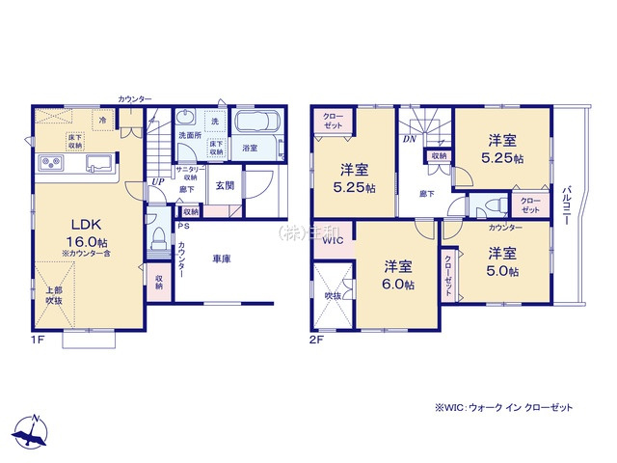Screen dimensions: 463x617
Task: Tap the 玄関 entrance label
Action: coord(225,185)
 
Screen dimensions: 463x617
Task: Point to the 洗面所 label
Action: coord(190,135)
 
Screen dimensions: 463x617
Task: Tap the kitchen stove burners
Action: coord(49,161)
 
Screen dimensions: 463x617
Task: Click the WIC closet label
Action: coord(333,241)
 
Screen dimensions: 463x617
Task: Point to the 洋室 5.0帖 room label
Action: coord(500,262)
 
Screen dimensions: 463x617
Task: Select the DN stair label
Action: coord(409,139)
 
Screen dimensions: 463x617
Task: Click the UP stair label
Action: coord(156,182)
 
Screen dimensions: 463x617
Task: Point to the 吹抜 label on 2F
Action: coord(334,295)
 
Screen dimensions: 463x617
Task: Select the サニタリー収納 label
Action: coord(187,173)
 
